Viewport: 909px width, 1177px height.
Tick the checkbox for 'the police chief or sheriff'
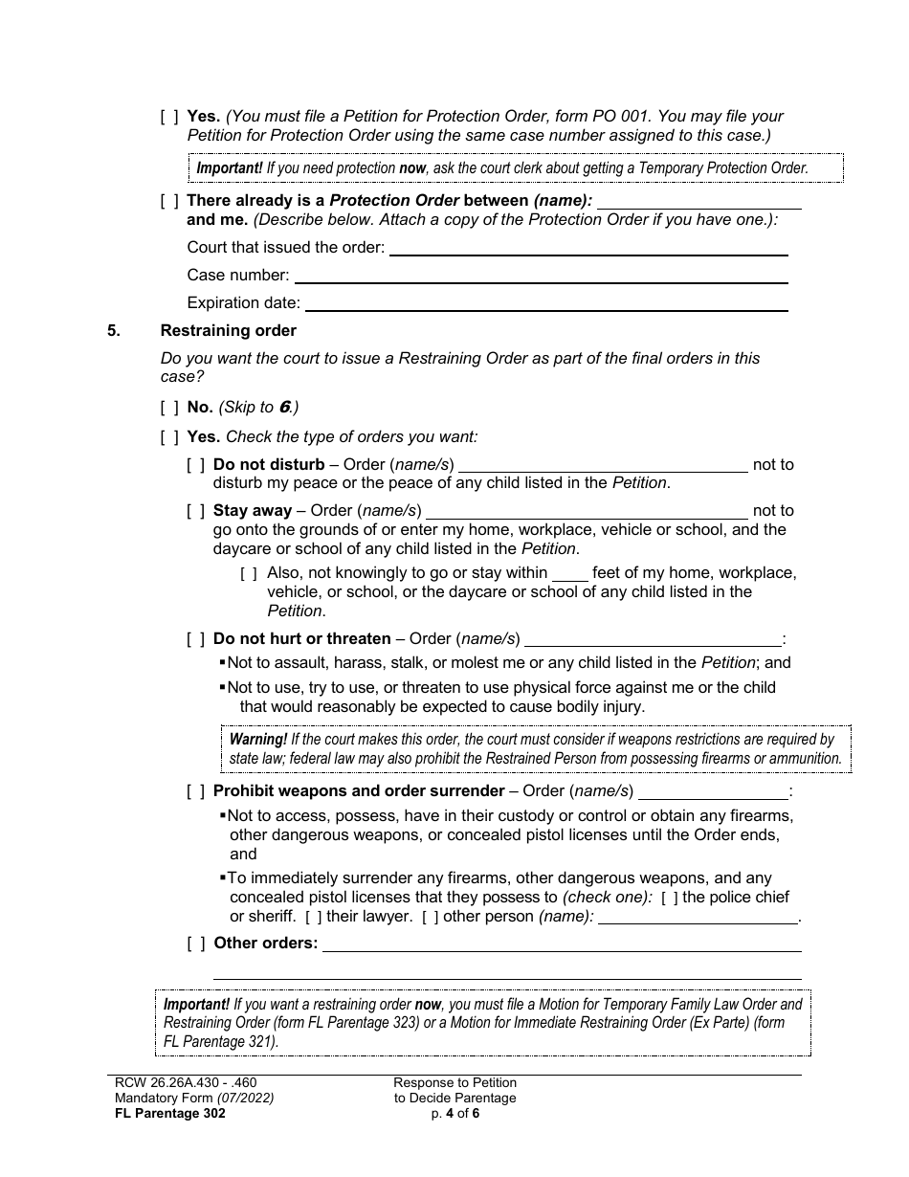670,898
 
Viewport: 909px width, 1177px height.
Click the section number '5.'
114,331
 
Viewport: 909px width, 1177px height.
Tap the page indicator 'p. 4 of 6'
454,1113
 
